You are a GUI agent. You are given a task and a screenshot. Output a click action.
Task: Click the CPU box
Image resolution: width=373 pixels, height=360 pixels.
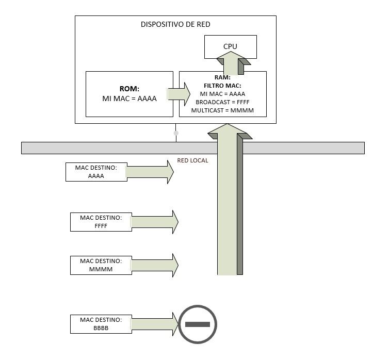click(230, 46)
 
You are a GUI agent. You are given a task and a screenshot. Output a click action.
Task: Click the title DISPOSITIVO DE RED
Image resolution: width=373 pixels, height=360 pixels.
click(175, 24)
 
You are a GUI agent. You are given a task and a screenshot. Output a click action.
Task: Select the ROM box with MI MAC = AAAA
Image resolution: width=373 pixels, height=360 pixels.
click(128, 94)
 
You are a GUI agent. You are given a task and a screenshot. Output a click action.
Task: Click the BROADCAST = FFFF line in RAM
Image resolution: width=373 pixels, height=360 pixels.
click(222, 102)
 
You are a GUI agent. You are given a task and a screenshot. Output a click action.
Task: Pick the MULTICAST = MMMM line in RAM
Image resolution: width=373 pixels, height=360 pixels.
click(222, 110)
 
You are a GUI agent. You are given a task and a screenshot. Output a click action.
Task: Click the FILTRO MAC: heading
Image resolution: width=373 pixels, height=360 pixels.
click(222, 86)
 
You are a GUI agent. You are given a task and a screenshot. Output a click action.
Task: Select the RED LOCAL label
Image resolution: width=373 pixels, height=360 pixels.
click(192, 161)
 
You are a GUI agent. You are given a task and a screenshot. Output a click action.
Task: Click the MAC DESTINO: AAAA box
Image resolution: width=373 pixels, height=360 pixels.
click(96, 172)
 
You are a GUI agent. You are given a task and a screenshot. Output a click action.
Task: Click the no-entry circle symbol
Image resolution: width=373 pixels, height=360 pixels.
click(197, 324)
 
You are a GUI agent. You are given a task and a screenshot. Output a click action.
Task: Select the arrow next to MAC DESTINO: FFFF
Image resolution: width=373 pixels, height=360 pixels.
click(153, 222)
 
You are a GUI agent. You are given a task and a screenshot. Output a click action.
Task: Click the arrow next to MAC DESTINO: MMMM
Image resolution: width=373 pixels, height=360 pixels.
click(153, 265)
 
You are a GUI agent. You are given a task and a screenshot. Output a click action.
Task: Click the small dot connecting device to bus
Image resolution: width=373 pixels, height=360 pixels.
click(176, 133)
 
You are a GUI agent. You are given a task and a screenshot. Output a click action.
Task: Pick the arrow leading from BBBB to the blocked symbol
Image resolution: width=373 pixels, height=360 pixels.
click(153, 323)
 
